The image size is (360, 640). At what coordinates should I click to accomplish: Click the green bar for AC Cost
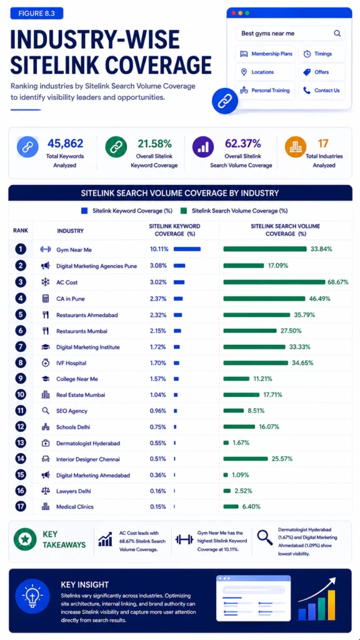click(x=274, y=282)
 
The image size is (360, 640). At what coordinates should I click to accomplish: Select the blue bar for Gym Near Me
click(x=187, y=249)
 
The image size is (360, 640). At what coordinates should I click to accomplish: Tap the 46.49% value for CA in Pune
click(x=319, y=298)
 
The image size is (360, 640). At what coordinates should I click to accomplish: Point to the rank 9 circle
click(x=21, y=379)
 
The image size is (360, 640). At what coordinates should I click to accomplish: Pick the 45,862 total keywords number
click(x=65, y=143)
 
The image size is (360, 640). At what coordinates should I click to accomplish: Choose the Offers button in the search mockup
click(x=322, y=72)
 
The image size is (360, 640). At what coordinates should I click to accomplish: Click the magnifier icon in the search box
click(x=337, y=34)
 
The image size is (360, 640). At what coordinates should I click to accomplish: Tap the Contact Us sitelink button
click(x=322, y=91)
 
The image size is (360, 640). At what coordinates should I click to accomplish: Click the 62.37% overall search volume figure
click(x=243, y=143)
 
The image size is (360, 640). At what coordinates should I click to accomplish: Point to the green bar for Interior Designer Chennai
click(x=245, y=459)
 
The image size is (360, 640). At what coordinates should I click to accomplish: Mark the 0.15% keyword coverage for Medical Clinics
click(x=158, y=506)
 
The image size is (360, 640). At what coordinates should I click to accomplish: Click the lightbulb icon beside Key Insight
click(x=32, y=596)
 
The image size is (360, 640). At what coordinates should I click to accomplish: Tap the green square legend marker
click(x=184, y=211)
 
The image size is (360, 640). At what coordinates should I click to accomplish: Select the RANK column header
click(x=21, y=231)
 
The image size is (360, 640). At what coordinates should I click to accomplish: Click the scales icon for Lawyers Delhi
click(x=46, y=491)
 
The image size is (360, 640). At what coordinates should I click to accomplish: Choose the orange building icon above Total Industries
click(x=295, y=146)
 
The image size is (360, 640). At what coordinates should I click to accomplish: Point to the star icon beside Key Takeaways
click(x=25, y=539)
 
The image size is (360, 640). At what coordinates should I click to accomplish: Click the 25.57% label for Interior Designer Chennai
click(x=282, y=459)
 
